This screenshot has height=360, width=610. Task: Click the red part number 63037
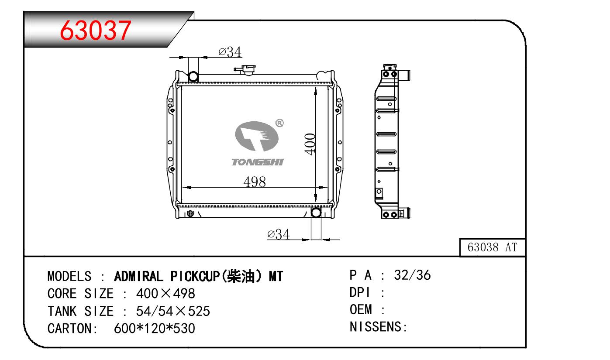(x=95, y=31)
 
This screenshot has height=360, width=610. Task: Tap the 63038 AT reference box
(x=493, y=247)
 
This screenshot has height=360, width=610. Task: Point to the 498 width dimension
(x=255, y=182)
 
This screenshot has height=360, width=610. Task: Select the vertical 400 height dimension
(x=310, y=144)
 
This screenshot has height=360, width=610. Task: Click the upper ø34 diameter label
(x=230, y=51)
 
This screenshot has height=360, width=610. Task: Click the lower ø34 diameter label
(x=278, y=234)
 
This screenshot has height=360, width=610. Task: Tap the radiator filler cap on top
(x=245, y=70)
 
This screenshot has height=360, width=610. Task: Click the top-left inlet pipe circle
(x=193, y=76)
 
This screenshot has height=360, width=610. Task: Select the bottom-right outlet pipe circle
(x=316, y=213)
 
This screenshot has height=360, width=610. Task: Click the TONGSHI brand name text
(x=258, y=162)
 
